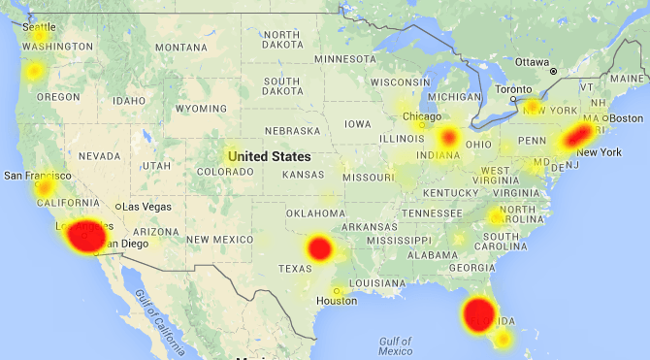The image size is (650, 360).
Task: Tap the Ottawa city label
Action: coord(533,61)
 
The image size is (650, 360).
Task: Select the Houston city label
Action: coord(337,301)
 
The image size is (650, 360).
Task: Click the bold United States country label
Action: coord(270,156)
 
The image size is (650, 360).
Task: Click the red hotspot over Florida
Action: coord(478,314)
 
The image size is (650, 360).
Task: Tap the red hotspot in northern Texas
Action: coord(320,248)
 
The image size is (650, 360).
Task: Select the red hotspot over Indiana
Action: coord(448,137)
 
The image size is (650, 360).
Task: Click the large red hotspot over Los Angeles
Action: coord(82,236)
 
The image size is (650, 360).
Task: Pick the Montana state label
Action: coord(181,48)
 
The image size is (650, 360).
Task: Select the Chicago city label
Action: coord(421,117)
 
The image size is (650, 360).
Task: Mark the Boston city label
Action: coord(620,119)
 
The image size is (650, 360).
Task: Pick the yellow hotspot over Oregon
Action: coord(35,71)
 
